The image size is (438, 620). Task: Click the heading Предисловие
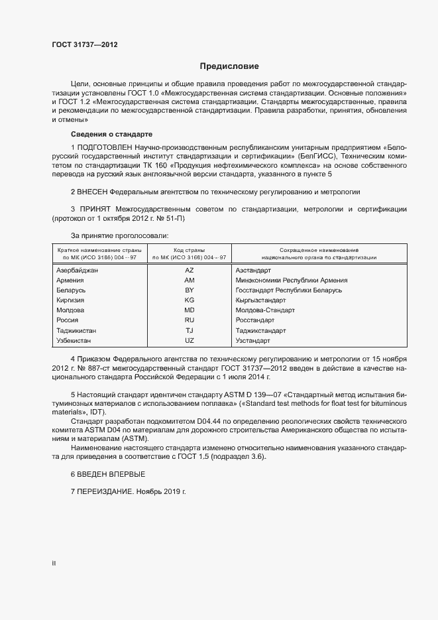click(x=229, y=66)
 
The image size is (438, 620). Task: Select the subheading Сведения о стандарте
click(x=103, y=134)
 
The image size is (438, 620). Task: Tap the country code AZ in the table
click(x=189, y=271)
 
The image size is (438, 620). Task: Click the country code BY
click(x=189, y=290)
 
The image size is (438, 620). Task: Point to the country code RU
click(x=189, y=320)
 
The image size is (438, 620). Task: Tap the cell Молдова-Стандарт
click(x=265, y=310)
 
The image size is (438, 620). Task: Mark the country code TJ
click(x=189, y=330)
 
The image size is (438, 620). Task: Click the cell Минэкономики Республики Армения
click(x=292, y=280)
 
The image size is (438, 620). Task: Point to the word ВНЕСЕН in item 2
click(x=93, y=192)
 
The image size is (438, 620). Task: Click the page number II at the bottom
click(x=54, y=563)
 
